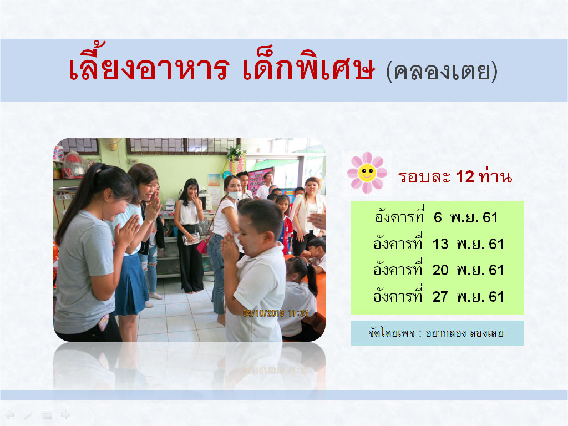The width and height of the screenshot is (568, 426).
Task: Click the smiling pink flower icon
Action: [x=367, y=173]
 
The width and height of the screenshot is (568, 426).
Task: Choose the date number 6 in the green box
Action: [x=438, y=217]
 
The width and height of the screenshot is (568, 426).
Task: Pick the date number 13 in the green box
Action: [x=440, y=244]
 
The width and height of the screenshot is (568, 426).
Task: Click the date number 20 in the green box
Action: [x=440, y=270]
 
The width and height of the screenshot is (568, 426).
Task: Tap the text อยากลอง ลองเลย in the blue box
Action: [x=465, y=333]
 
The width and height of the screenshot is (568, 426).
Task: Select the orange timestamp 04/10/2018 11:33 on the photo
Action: [x=275, y=313]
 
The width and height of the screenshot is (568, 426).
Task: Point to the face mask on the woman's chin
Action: [x=233, y=195]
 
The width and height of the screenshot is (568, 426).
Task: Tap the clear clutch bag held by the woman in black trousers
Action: [x=192, y=239]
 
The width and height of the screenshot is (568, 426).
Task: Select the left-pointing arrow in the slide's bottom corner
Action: [x=9, y=414]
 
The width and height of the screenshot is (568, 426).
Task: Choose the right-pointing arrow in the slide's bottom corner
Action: [x=65, y=414]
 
